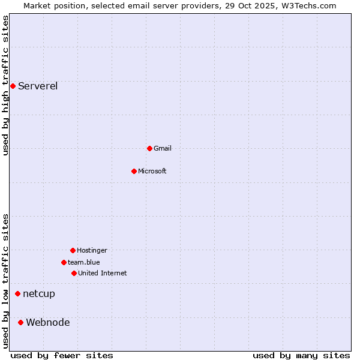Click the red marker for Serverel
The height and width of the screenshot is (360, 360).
tap(13, 86)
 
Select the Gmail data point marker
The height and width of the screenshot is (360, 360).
tap(149, 148)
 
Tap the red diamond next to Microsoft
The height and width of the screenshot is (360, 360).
tap(134, 171)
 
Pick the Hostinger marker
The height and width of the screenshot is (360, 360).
tap(73, 250)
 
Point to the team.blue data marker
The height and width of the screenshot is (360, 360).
tap(64, 262)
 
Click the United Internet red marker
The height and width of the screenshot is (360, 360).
tap(74, 273)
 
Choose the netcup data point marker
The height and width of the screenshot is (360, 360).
tap(17, 293)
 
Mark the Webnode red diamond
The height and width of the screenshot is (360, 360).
tap(20, 322)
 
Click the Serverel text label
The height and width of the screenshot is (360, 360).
tap(38, 86)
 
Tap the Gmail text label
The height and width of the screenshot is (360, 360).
tap(163, 148)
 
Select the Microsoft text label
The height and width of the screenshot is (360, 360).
tap(152, 171)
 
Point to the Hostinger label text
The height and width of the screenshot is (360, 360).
tap(92, 250)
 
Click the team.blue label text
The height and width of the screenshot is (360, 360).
tap(84, 262)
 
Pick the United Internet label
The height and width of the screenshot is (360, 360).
tap(103, 273)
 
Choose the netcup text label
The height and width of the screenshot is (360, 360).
tap(39, 293)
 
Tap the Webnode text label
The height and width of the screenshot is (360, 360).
tap(48, 322)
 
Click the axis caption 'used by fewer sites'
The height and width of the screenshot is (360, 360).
tap(62, 355)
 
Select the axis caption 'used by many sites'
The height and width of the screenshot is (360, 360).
tap(301, 355)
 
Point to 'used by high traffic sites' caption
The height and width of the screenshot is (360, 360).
tap(5, 85)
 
